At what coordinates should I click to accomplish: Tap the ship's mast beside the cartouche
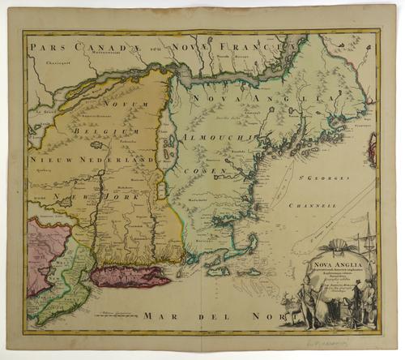(366, 243)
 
